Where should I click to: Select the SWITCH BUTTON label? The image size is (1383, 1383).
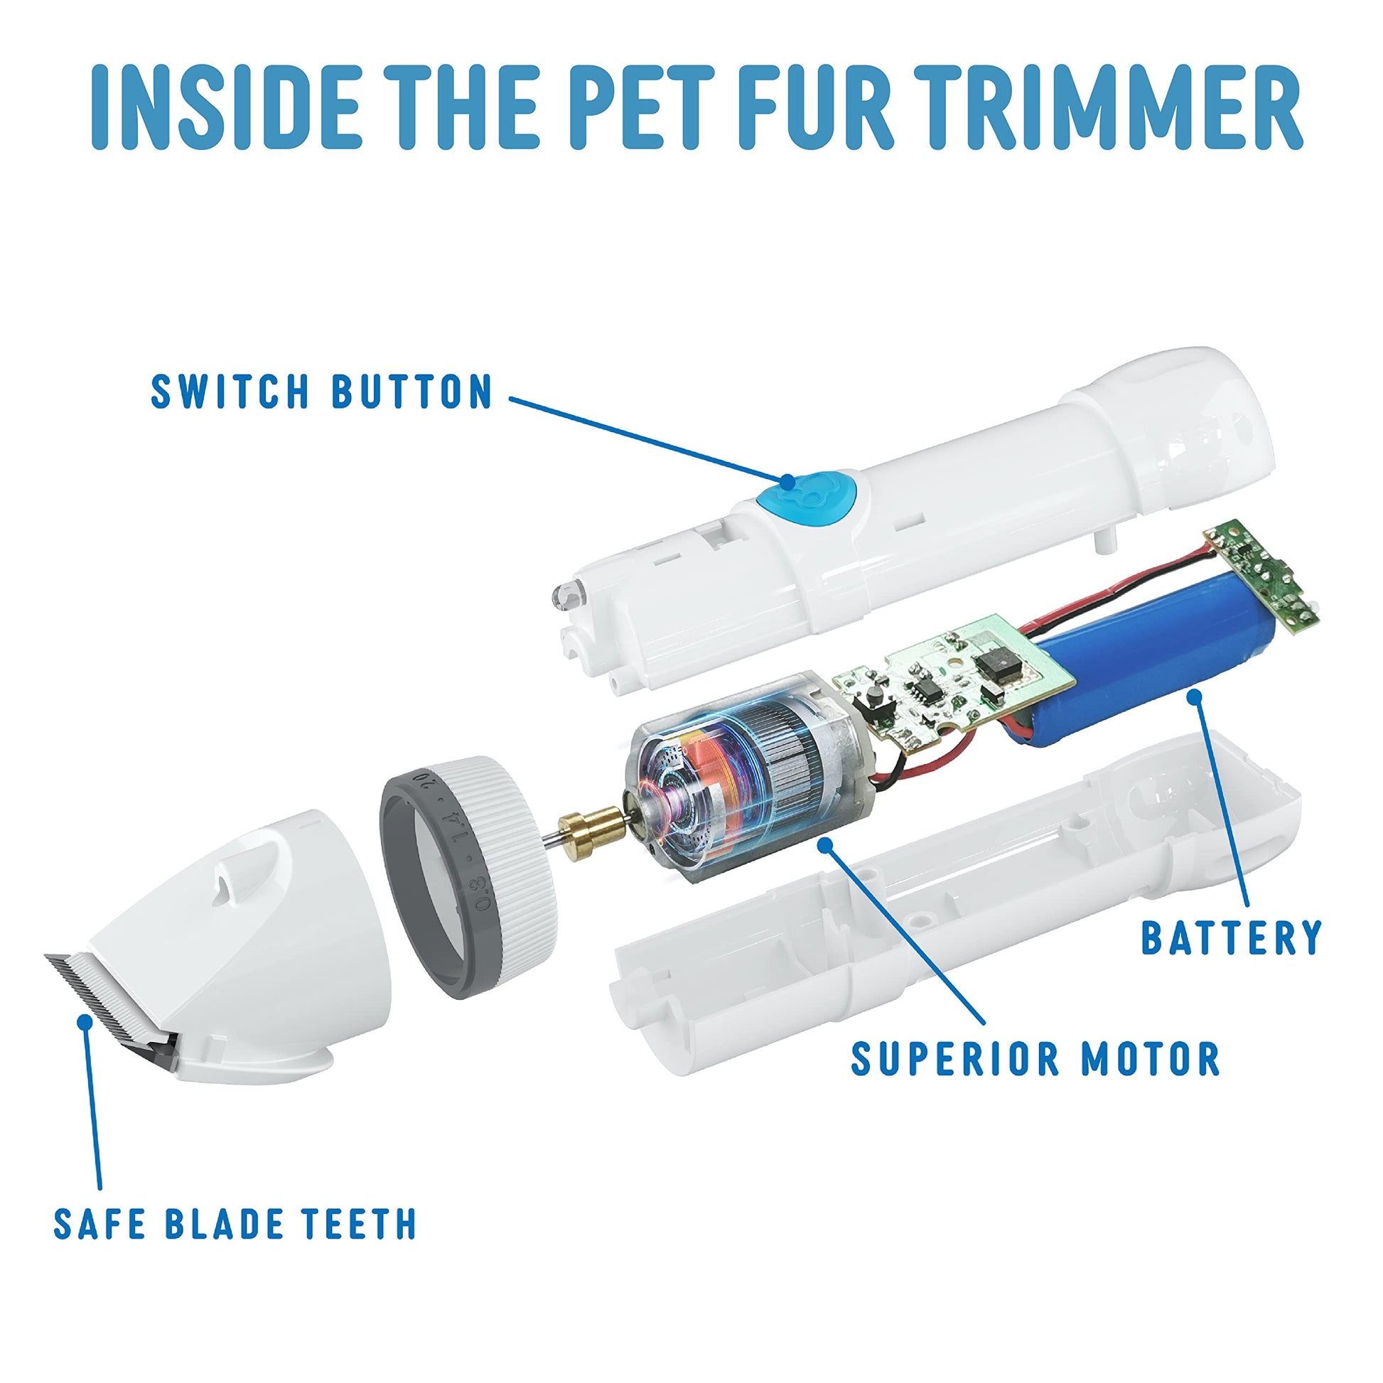(322, 391)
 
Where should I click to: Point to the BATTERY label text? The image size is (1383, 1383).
(1230, 936)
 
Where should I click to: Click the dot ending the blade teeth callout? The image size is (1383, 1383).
(86, 1021)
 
